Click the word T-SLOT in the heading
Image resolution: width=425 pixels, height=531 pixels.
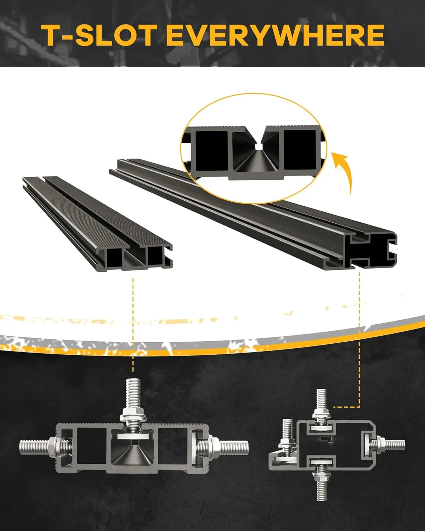(99, 35)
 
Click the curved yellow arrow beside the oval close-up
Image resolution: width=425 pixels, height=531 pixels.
(343, 173)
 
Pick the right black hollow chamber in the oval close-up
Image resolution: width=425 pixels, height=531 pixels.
(300, 149)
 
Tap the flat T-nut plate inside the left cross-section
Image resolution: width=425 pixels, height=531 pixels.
(134, 437)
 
